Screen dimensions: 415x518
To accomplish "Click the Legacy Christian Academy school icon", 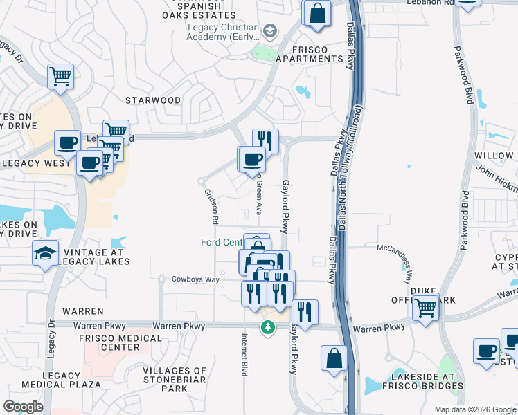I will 269,31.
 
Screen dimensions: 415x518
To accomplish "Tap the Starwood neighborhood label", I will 153,100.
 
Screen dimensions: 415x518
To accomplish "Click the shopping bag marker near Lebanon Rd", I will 316,13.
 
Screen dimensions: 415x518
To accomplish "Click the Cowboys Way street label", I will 195,279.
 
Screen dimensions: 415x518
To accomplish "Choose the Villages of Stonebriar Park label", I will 175,380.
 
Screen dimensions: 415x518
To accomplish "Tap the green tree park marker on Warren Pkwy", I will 267,326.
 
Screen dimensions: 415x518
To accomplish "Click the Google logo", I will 23,407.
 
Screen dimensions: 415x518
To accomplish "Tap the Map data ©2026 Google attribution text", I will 474,409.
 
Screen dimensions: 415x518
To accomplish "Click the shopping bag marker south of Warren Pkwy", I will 334,359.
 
